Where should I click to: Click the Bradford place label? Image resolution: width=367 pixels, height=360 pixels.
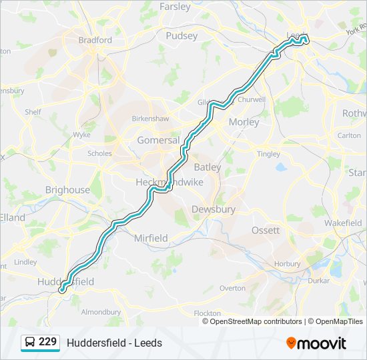tap(95, 40)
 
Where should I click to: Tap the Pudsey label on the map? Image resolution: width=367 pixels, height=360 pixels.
tap(181, 36)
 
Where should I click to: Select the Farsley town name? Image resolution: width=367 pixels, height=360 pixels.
tap(175, 7)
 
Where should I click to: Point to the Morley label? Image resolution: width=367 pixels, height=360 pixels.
tap(244, 122)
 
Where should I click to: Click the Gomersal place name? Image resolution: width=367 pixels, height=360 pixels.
tap(158, 141)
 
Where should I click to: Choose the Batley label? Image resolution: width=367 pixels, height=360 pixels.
tap(207, 167)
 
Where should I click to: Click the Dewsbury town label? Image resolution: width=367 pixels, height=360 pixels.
tap(214, 209)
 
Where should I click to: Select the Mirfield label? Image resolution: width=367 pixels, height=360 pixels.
tap(151, 238)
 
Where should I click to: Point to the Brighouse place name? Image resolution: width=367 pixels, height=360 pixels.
tap(67, 190)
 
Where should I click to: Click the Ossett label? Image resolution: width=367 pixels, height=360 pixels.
tap(265, 230)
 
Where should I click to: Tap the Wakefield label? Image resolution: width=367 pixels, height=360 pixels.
tap(343, 224)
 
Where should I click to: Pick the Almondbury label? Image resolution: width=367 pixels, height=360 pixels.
tap(100, 311)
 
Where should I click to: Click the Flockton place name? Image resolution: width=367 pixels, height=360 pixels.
tap(207, 313)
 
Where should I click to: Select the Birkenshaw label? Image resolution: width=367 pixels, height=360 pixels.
tap(150, 118)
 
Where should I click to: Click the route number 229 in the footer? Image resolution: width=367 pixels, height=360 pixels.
tap(47, 342)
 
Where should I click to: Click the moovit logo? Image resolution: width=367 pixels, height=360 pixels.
tap(316, 343)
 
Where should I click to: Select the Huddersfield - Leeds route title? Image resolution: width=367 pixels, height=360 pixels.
tap(114, 343)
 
